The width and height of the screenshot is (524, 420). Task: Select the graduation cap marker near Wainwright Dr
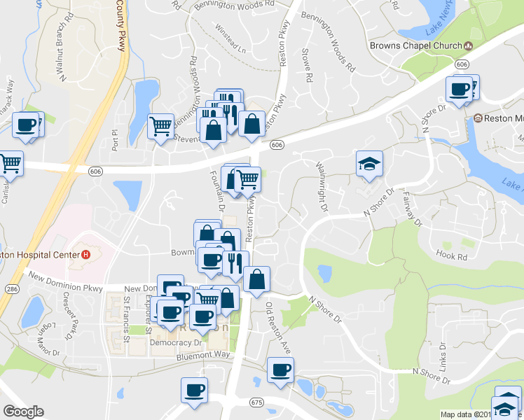(369, 164)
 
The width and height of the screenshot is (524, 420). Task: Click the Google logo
(23, 412)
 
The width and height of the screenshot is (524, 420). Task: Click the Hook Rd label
(451, 256)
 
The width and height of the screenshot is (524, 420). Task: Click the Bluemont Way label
(203, 355)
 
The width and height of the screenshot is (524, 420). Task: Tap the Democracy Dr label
(175, 343)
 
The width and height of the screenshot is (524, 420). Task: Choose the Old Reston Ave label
(277, 328)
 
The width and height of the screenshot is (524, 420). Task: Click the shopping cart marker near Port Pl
(161, 127)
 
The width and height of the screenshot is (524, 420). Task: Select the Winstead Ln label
(230, 49)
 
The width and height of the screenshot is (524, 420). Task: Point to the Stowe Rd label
(305, 64)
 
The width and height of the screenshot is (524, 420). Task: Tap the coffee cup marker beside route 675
(194, 390)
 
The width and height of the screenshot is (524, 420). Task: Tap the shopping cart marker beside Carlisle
(10, 164)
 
